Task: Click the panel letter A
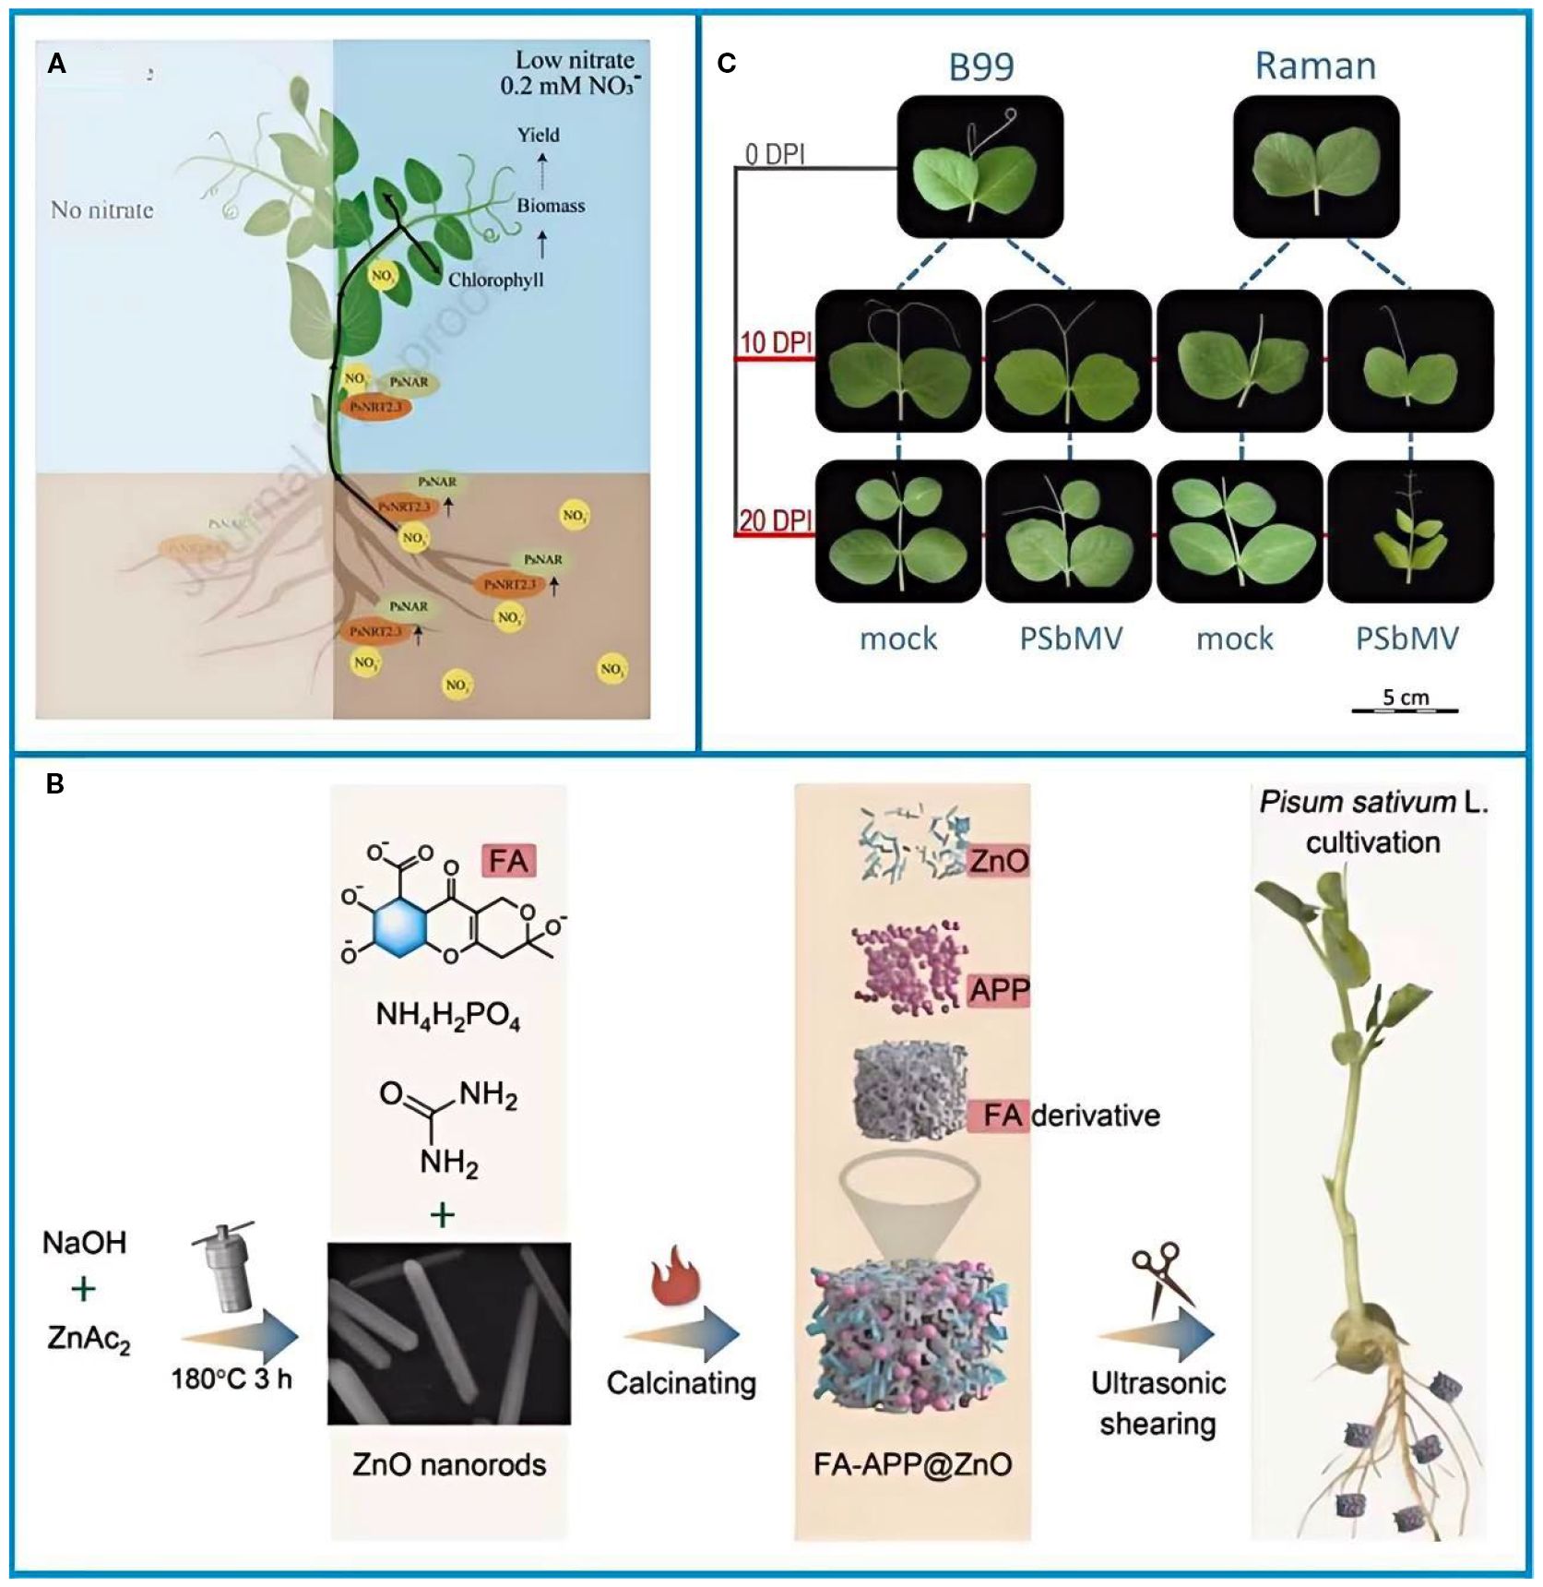57,65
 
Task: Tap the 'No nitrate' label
101,210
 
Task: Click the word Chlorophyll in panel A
495,280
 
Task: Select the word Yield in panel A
538,135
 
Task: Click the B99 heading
980,66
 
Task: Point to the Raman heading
1315,66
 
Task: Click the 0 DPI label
775,155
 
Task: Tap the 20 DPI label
775,520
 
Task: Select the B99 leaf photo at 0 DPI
979,166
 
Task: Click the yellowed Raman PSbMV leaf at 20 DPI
1409,533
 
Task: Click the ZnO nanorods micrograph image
449,1333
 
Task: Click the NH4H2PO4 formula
447,1017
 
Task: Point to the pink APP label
998,990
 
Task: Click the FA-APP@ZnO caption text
912,1464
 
